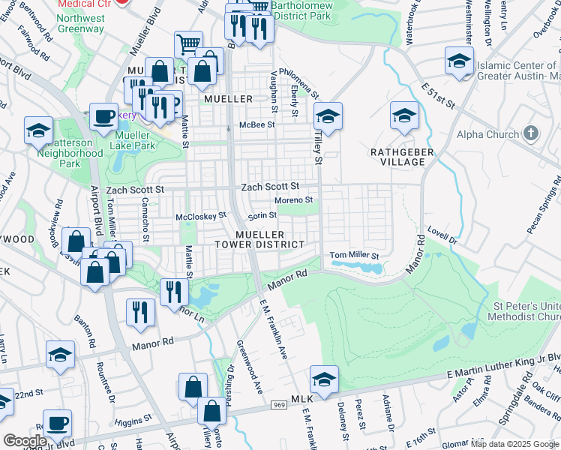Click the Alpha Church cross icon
coord(531,134)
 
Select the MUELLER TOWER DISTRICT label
coord(259,239)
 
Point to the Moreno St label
coord(293,200)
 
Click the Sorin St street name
coord(262,215)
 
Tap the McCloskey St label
coord(200,216)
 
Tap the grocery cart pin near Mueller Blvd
coord(188,45)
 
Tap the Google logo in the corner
coord(25,441)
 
